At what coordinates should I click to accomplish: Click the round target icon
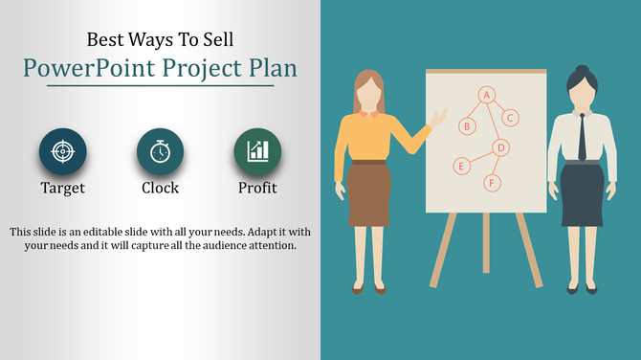(x=63, y=151)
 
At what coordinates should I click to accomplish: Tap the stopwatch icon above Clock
(x=161, y=151)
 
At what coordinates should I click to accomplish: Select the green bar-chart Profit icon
(x=257, y=151)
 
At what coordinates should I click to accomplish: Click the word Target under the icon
(x=63, y=188)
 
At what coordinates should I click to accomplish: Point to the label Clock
(x=161, y=188)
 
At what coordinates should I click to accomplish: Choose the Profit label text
(x=257, y=188)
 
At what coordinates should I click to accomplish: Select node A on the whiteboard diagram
(x=486, y=95)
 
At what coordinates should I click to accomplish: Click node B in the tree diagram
(x=467, y=125)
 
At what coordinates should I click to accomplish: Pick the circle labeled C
(x=511, y=118)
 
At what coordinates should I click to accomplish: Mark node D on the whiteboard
(x=499, y=146)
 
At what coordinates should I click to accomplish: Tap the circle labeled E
(x=461, y=166)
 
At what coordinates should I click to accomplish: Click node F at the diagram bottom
(x=493, y=182)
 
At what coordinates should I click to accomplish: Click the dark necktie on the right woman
(x=582, y=139)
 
